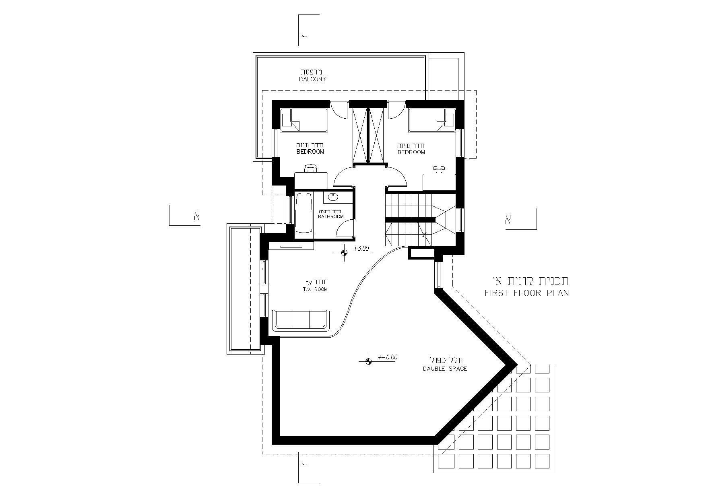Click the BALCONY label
pyautogui.click(x=312, y=79)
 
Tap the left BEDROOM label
pyautogui.click(x=310, y=152)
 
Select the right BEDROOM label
pyautogui.click(x=411, y=152)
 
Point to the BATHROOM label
pyautogui.click(x=331, y=217)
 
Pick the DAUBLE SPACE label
pyautogui.click(x=445, y=369)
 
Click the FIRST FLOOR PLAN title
pyautogui.click(x=527, y=293)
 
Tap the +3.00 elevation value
pyautogui.click(x=361, y=249)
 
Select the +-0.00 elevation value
pyautogui.click(x=388, y=357)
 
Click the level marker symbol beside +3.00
pyautogui.click(x=344, y=253)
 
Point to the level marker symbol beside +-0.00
pyautogui.click(x=368, y=361)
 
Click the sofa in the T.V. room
pyautogui.click(x=301, y=320)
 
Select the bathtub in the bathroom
pyautogui.click(x=304, y=213)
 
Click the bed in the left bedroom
pyautogui.click(x=304, y=120)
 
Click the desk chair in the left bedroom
pyautogui.click(x=310, y=168)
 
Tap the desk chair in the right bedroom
pyautogui.click(x=439, y=169)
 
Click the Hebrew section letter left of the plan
pyautogui.click(x=196, y=216)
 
